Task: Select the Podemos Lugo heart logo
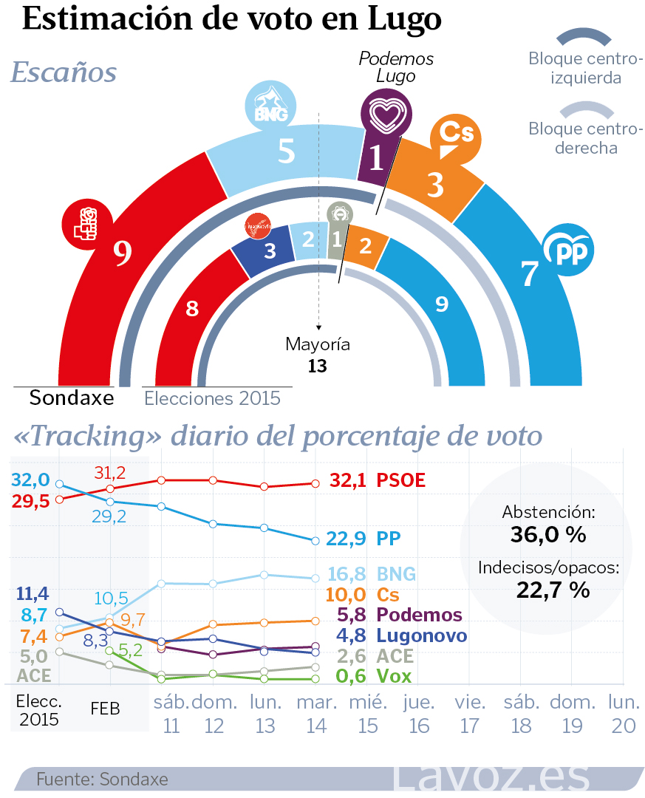(x=386, y=114)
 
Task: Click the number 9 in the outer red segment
(x=123, y=253)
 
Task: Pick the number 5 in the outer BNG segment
(x=287, y=151)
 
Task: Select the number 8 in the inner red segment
(x=192, y=308)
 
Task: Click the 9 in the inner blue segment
(x=442, y=304)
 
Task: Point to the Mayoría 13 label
(x=318, y=355)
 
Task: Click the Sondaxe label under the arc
(x=72, y=398)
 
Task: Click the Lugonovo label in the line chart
(x=421, y=635)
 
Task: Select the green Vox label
(x=394, y=675)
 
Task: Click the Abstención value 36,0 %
(x=548, y=533)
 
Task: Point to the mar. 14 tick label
(x=316, y=714)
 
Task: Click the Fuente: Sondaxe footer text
(x=102, y=779)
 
